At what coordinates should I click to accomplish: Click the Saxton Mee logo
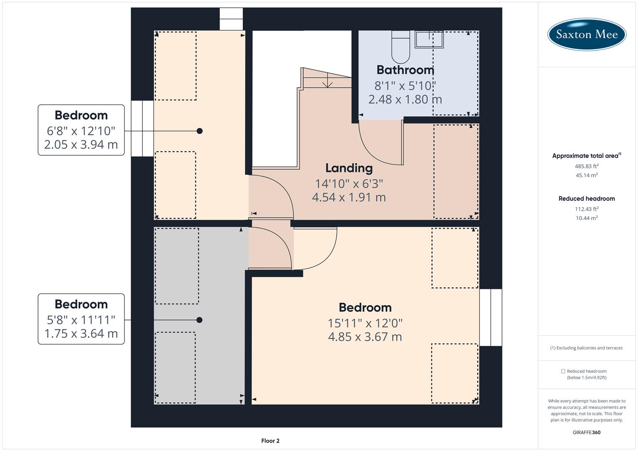pyautogui.click(x=587, y=34)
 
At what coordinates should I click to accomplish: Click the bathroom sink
pyautogui.click(x=429, y=40)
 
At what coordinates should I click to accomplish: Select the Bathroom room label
pyautogui.click(x=405, y=70)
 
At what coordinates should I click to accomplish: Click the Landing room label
pyautogui.click(x=349, y=168)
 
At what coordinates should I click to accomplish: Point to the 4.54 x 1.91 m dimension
pyautogui.click(x=349, y=197)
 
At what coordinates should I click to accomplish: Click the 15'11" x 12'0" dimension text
pyautogui.click(x=365, y=323)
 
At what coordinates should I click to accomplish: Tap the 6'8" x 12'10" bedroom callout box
pyautogui.click(x=81, y=130)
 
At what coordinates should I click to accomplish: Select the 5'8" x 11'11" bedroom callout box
pyautogui.click(x=81, y=319)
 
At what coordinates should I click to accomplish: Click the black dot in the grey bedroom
pyautogui.click(x=199, y=320)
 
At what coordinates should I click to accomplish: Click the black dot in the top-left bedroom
pyautogui.click(x=200, y=131)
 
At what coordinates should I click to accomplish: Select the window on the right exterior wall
pyautogui.click(x=491, y=317)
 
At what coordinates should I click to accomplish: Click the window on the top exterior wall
pyautogui.click(x=231, y=19)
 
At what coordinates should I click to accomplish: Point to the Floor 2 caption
pyautogui.click(x=270, y=441)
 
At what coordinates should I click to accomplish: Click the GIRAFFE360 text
pyautogui.click(x=586, y=432)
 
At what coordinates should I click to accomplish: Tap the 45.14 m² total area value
pyautogui.click(x=586, y=175)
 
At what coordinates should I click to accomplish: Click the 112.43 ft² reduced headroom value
pyautogui.click(x=586, y=209)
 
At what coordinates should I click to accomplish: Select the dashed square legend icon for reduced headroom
pyautogui.click(x=563, y=371)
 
